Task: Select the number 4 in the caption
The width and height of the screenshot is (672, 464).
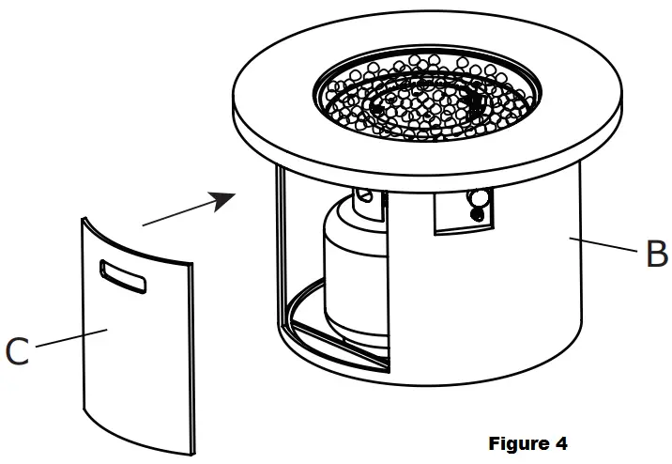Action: [560, 442]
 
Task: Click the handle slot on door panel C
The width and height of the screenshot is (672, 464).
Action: [124, 275]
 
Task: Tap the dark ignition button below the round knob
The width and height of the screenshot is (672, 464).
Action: [479, 214]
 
